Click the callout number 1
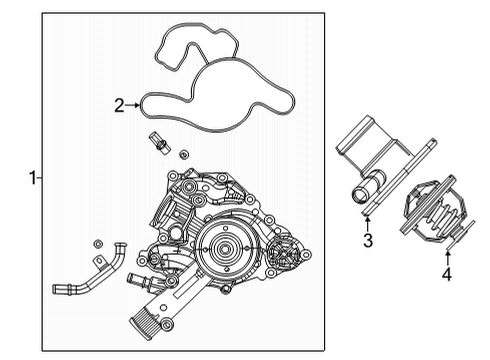[32, 178]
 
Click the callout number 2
[119, 104]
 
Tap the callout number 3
[367, 240]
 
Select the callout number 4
[447, 273]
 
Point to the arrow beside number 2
[134, 104]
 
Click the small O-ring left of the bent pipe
[96, 245]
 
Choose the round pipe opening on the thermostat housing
[362, 190]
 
